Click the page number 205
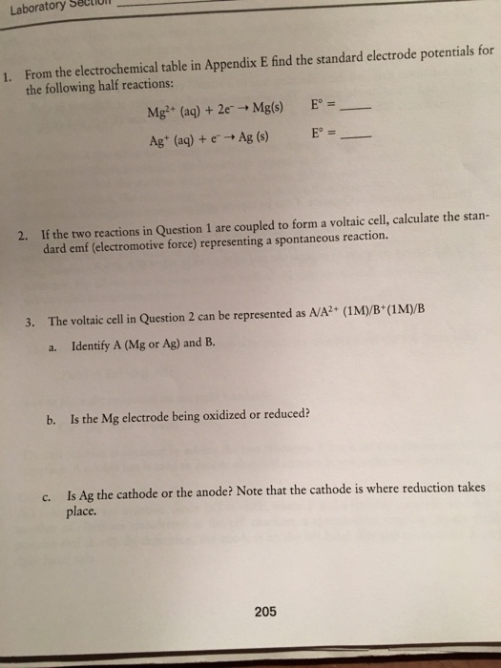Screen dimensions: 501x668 tap(266, 611)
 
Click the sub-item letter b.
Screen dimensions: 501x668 tap(49, 419)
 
